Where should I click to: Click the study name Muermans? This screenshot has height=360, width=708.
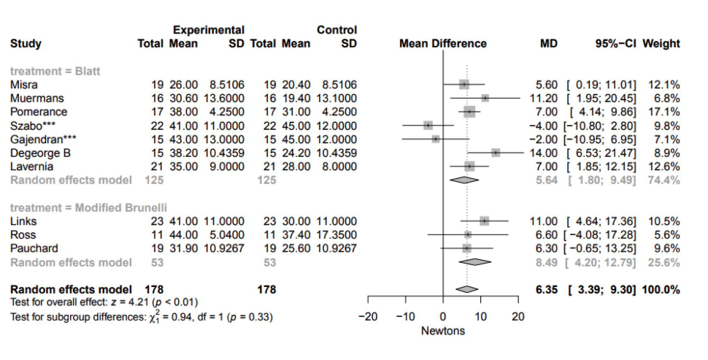click(33, 98)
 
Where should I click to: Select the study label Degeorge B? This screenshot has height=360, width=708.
click(38, 153)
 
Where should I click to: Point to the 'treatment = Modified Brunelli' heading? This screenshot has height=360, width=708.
click(77, 207)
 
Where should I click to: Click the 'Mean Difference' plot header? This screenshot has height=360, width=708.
click(443, 44)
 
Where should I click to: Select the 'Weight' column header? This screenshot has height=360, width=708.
click(661, 44)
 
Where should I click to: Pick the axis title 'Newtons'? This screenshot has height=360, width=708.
click(443, 331)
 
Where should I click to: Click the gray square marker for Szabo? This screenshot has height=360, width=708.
click(428, 126)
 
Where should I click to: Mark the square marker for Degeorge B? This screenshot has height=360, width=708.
click(496, 153)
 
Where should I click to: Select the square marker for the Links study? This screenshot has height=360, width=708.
click(485, 221)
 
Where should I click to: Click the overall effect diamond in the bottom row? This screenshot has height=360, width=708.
click(467, 290)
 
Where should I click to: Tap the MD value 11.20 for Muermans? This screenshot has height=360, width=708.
click(544, 98)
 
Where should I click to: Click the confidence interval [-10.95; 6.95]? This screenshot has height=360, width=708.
click(604, 139)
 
